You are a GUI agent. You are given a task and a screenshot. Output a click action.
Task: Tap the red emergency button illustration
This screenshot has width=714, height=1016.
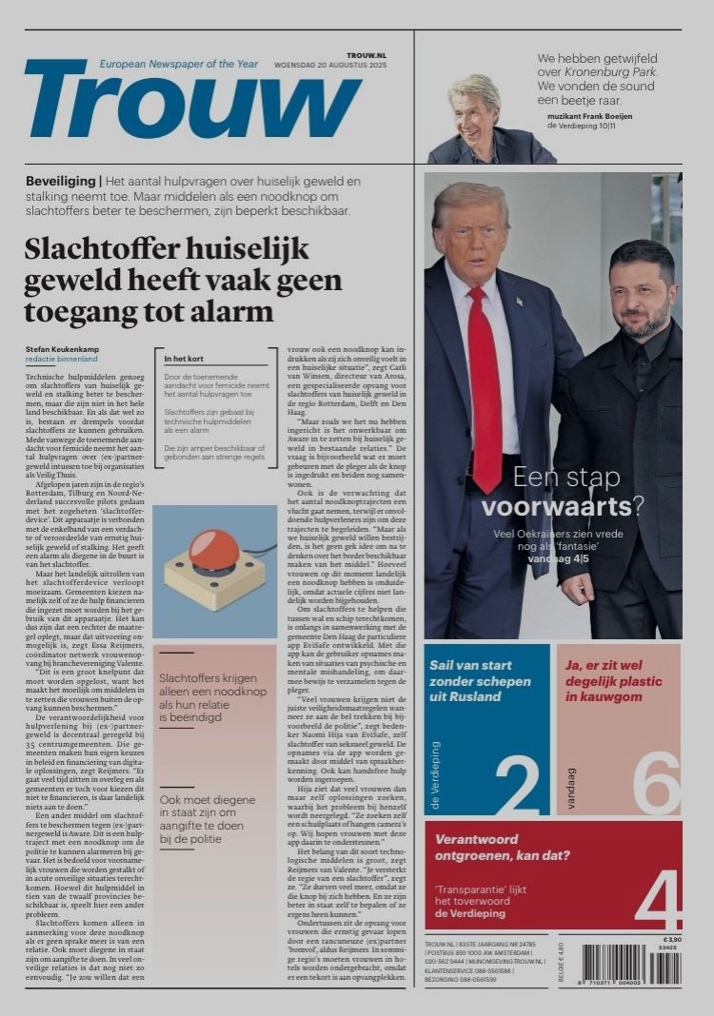[214, 551]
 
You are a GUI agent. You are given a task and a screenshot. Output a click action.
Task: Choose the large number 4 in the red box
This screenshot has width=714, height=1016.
[658, 899]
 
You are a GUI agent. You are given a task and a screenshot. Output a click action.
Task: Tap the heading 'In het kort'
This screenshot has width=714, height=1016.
[186, 359]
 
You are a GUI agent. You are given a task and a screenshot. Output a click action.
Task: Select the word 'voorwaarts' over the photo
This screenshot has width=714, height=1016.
[543, 507]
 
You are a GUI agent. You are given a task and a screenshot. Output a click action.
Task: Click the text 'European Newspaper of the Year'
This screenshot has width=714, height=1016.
[179, 64]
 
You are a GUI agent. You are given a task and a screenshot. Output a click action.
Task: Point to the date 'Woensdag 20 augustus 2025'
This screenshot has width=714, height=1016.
[330, 65]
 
